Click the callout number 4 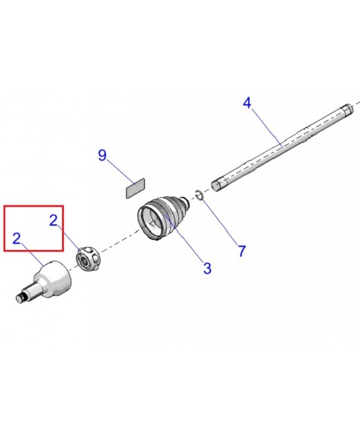point(247,103)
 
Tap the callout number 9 point(102,155)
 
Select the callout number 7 point(242,251)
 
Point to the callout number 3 point(207,269)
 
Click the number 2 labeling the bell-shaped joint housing point(17,239)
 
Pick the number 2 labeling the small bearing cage point(53,220)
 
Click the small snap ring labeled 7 point(199,195)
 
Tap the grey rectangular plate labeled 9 point(135,188)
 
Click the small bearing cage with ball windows point(88,259)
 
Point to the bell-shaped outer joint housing point(53,278)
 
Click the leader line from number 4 point(267,128)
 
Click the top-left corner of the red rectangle point(4,206)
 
